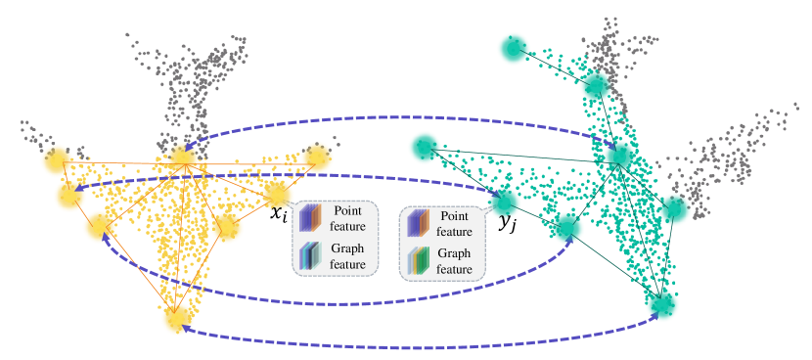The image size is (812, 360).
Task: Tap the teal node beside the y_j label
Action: point(505,201)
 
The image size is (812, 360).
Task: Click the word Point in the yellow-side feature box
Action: point(345,210)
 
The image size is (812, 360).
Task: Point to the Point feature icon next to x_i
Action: point(311,217)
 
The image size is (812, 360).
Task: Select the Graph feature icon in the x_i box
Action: point(311,256)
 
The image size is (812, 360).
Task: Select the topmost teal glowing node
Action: point(513,48)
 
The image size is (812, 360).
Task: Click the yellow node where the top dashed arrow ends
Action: point(182,157)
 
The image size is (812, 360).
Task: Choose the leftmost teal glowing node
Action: point(424,147)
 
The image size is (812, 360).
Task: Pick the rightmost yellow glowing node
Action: point(317,157)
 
